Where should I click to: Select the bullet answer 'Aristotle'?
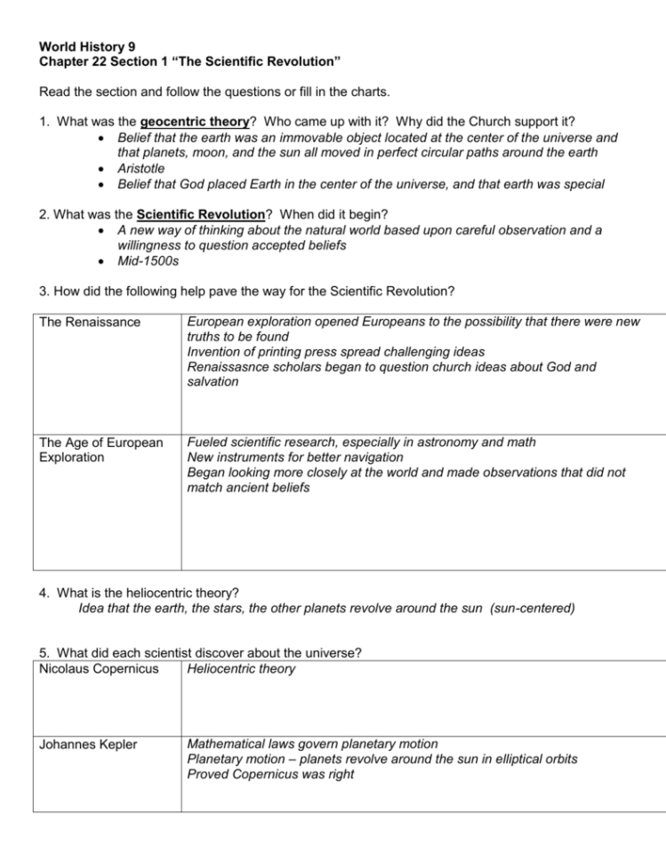[x=140, y=169]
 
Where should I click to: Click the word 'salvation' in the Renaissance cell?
[x=213, y=381]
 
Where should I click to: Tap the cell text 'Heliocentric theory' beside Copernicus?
[x=240, y=668]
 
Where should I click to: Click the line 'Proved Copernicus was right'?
[x=270, y=774]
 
